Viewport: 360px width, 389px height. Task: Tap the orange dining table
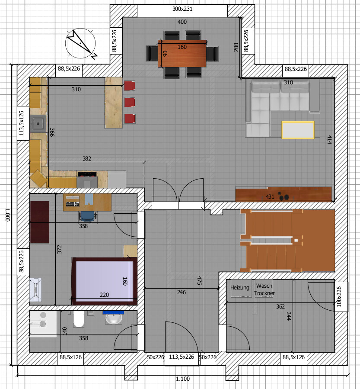tap(182, 53)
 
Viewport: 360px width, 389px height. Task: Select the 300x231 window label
tap(182, 9)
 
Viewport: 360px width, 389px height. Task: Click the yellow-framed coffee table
tap(298, 130)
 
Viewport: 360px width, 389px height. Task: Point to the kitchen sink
tap(38, 123)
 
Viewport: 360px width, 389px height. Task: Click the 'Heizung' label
tap(240, 288)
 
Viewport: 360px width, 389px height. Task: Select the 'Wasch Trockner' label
tap(264, 289)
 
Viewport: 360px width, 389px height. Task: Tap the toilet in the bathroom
tap(79, 319)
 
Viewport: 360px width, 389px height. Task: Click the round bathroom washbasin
tap(114, 318)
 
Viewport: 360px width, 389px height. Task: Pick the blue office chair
tap(87, 216)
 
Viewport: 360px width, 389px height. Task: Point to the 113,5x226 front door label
tap(182, 357)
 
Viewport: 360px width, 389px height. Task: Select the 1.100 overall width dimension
tap(183, 379)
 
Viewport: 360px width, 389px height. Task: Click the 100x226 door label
tap(339, 297)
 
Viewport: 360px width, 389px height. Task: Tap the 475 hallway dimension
tap(199, 280)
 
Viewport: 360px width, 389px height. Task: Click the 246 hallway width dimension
tap(182, 292)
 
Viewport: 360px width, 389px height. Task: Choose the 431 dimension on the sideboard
tap(270, 197)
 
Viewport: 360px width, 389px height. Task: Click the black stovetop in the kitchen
tap(87, 174)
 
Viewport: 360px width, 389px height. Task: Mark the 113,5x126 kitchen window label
tap(22, 123)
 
